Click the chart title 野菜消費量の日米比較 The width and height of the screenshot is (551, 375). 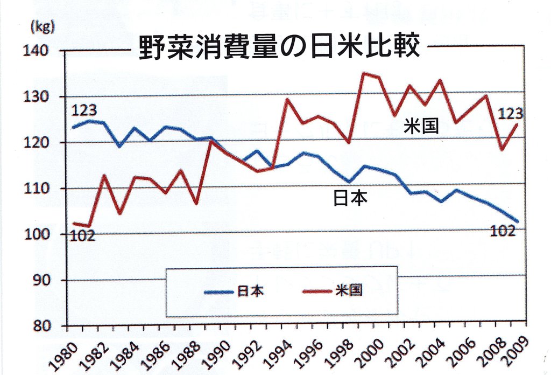click(279, 47)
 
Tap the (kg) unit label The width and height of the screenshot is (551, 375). click(43, 27)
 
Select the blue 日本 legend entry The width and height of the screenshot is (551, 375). click(235, 291)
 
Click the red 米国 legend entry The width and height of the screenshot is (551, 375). click(332, 291)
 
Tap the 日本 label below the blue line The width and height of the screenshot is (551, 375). click(351, 199)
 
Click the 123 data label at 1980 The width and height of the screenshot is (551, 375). click(84, 110)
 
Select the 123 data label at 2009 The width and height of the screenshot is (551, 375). click(510, 114)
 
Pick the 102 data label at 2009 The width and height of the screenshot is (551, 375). click(503, 231)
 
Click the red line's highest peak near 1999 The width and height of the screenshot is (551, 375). click(364, 73)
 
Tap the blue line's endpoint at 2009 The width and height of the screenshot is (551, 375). click(518, 221)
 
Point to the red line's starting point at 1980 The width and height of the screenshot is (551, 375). click(73, 223)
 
